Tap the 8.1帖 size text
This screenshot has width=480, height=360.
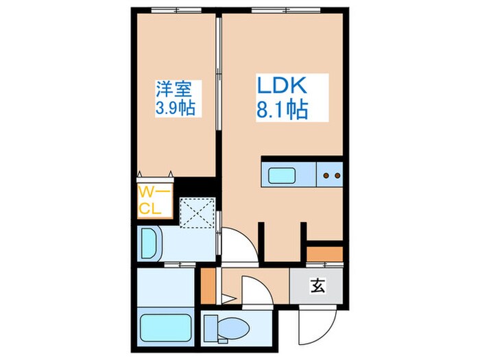coord(281,110)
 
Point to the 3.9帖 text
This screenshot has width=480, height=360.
coord(178,108)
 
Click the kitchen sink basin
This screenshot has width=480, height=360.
coord(282,176)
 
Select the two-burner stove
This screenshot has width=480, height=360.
coord(331,176)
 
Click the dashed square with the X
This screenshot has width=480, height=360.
coord(197,213)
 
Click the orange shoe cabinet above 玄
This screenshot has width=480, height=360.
coord(324,254)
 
